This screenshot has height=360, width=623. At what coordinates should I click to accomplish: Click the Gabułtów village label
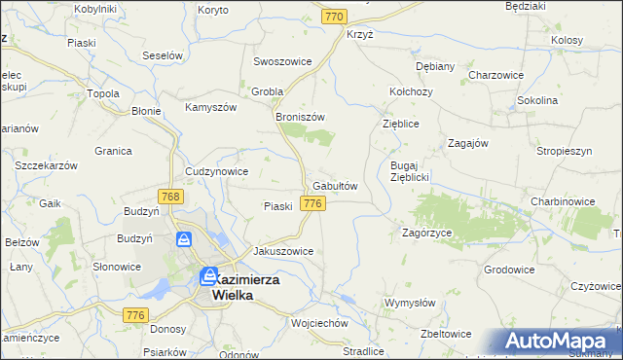coord(336,186)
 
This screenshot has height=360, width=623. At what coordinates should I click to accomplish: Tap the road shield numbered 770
coord(336,17)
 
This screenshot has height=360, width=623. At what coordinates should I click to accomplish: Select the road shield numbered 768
coord(169,197)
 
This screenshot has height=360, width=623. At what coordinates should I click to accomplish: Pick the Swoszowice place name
coord(282,61)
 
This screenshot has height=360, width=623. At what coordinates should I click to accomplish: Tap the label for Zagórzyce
coord(426,234)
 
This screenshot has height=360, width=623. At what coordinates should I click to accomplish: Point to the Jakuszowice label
coord(283,251)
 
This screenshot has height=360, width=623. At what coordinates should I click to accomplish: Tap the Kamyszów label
coord(212,107)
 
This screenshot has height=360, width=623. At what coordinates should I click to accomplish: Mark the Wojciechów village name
coord(319,322)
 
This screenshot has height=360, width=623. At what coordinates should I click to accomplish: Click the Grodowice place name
coord(509,269)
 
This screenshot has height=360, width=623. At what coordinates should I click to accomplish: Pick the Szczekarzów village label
coord(46,166)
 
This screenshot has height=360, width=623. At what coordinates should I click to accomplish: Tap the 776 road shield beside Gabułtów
coord(312,203)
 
